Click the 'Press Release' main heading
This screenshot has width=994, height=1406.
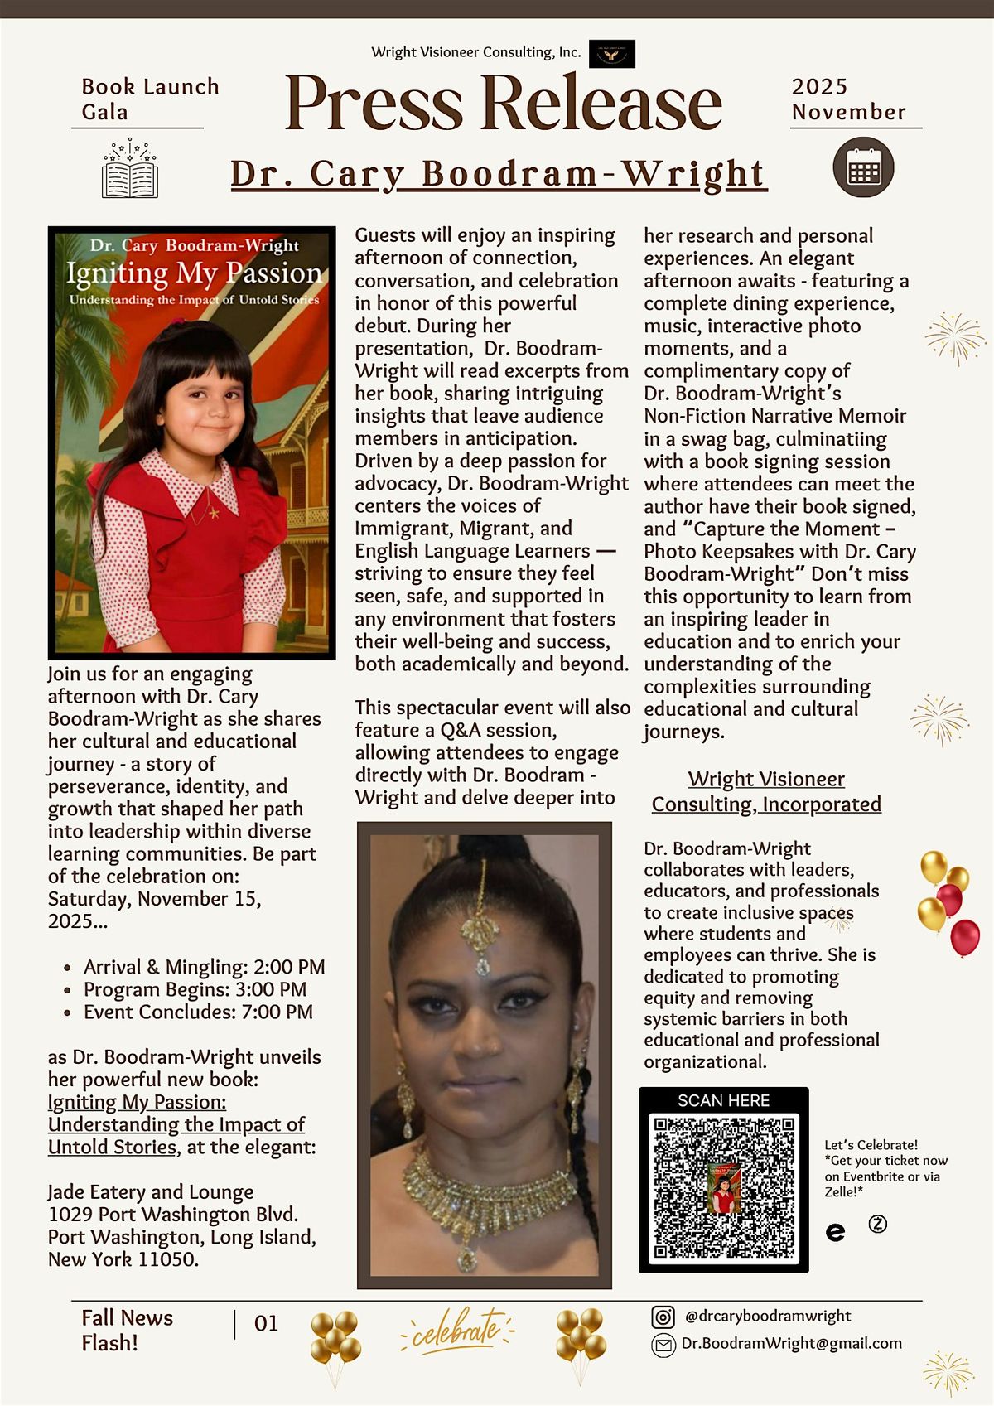coord(503,104)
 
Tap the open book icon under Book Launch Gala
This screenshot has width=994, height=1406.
coord(130,171)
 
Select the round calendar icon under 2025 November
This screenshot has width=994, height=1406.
coord(863,168)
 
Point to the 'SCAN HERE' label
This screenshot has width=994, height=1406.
coord(723,1100)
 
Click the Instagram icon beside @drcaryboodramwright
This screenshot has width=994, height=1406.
coord(663,1317)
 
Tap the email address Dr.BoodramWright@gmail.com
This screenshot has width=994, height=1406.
coord(791,1344)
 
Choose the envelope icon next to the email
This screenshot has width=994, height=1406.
coord(663,1345)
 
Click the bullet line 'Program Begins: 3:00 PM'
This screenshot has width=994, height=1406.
coord(195,989)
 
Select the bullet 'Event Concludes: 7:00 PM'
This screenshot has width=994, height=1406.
coord(198,1012)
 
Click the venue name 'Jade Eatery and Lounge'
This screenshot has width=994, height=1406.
coord(151,1191)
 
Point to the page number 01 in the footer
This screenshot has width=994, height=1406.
coord(266,1324)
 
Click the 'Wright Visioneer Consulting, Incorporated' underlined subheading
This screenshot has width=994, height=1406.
coord(766,791)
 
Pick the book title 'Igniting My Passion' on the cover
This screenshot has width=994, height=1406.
coord(194,273)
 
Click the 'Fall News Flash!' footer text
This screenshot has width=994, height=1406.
coord(128,1330)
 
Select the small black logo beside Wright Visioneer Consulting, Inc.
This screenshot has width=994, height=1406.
coord(612,54)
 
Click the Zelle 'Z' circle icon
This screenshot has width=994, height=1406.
coord(877,1224)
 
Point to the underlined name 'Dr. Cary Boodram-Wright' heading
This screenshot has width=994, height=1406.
coord(499,174)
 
